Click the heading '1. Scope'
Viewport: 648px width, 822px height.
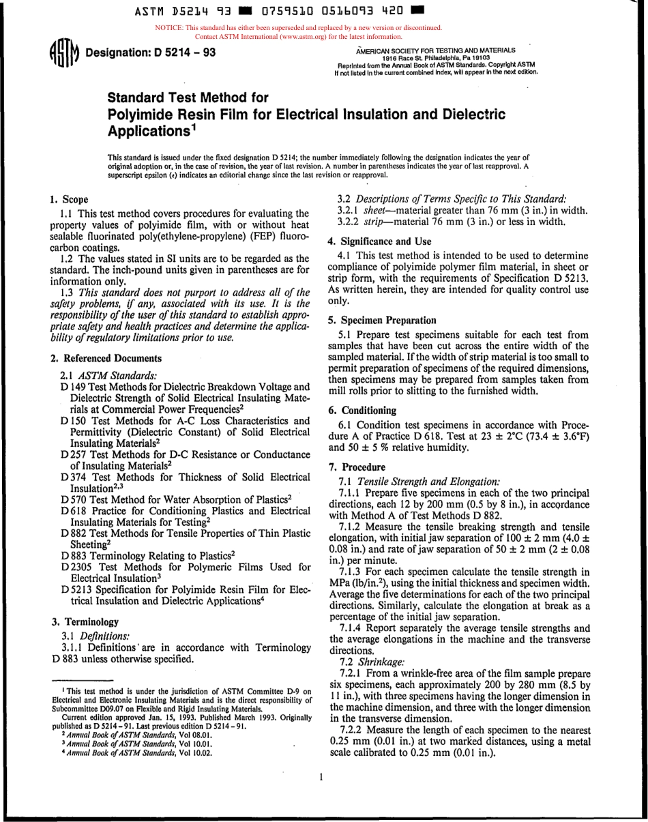(69, 200)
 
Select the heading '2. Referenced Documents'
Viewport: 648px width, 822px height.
(106, 358)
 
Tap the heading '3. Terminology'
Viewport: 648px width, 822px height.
(85, 622)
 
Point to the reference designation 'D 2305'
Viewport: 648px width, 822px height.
(76, 567)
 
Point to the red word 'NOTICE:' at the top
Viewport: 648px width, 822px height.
(171, 28)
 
